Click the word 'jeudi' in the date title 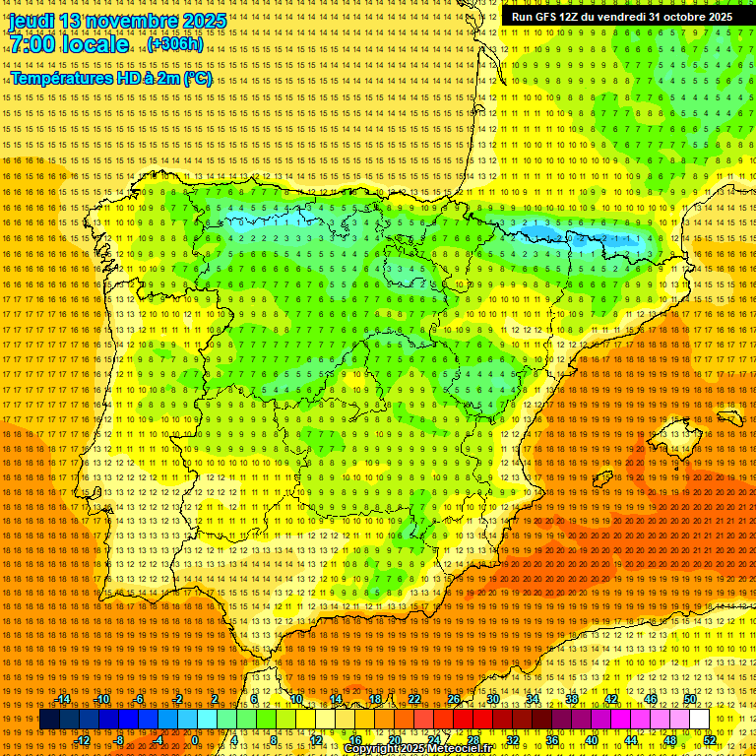pos(31,21)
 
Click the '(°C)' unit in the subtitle pos(197,78)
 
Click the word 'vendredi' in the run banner pos(620,17)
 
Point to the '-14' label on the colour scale pos(63,699)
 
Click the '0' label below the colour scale pos(195,740)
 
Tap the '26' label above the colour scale pos(454,699)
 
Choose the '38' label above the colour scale pos(571,699)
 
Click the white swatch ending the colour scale pos(699,720)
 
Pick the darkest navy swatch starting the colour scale pos(49,720)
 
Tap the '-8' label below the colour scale pos(120,740)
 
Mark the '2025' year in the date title pos(203,21)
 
